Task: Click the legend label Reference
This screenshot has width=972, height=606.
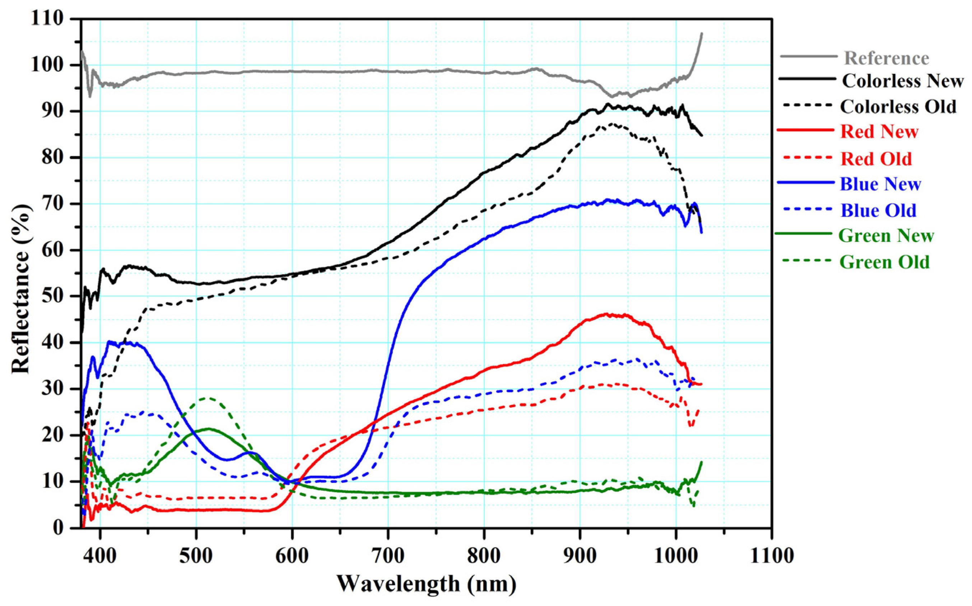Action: point(887,59)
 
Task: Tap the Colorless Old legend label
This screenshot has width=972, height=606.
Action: point(898,107)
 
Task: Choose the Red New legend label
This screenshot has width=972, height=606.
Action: point(879,132)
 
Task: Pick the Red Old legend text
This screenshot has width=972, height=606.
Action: point(876,159)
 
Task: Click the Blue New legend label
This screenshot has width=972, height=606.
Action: point(880,185)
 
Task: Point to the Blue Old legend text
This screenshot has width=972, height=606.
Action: point(878,211)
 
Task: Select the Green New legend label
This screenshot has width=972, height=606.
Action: point(886,236)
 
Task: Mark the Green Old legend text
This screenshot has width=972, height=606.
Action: point(884,262)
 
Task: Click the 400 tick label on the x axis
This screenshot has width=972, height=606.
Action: point(100,556)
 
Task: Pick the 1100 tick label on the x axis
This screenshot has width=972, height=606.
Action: point(771,556)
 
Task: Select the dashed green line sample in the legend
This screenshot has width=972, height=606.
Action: point(806,261)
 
